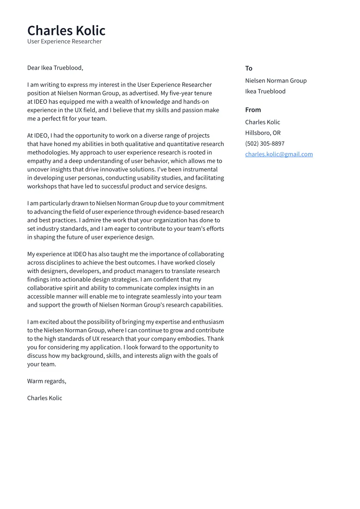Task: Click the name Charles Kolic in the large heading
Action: click(66, 31)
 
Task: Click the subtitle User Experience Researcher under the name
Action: click(64, 41)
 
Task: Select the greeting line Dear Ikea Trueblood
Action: click(55, 68)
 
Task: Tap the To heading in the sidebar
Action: click(248, 68)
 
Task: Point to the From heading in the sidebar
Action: click(253, 110)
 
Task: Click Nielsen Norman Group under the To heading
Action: click(276, 80)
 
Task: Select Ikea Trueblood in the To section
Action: click(265, 91)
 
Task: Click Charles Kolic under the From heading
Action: click(262, 122)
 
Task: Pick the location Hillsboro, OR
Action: click(263, 133)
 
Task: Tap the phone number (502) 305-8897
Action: click(264, 143)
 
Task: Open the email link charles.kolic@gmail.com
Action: click(279, 154)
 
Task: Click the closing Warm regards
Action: click(46, 381)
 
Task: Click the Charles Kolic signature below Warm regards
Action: click(45, 398)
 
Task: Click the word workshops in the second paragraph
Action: click(41, 186)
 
